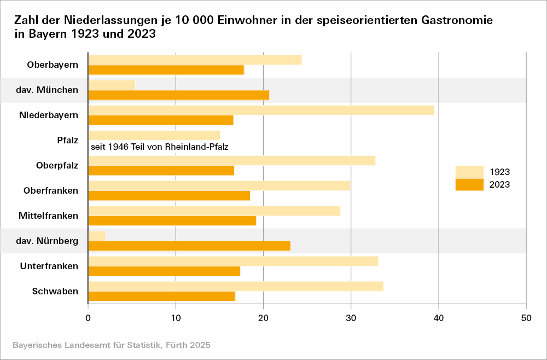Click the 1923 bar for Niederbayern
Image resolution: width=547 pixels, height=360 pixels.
pyautogui.click(x=261, y=110)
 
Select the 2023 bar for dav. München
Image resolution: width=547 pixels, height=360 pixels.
pyautogui.click(x=178, y=95)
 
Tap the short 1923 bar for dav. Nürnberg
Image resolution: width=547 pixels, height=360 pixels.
pyautogui.click(x=96, y=236)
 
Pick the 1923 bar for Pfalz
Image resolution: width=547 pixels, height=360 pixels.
pyautogui.click(x=154, y=135)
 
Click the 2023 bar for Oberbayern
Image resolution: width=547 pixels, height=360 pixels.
pyautogui.click(x=166, y=70)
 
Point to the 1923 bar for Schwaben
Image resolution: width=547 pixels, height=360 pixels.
pyautogui.click(x=235, y=286)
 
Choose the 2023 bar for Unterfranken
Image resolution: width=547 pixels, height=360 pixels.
pyautogui.click(x=164, y=271)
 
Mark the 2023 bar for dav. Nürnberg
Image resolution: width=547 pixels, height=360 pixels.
pyautogui.click(x=189, y=246)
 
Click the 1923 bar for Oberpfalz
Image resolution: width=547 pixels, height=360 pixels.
pyautogui.click(x=231, y=160)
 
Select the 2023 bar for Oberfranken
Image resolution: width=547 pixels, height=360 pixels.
pyautogui.click(x=169, y=196)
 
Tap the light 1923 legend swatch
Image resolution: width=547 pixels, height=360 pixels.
pyautogui.click(x=469, y=172)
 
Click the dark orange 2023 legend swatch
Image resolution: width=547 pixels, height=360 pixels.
pyautogui.click(x=469, y=185)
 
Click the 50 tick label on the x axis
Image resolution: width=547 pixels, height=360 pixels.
pyautogui.click(x=526, y=317)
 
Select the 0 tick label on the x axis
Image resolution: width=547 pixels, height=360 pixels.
pyautogui.click(x=88, y=317)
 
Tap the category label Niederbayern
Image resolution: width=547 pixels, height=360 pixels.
pyautogui.click(x=49, y=115)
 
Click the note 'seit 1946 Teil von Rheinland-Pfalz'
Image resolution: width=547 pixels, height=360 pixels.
pyautogui.click(x=159, y=147)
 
